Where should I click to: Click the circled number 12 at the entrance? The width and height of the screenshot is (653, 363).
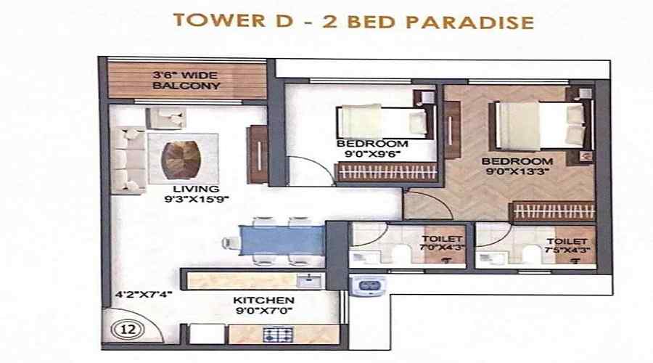[x=128, y=330]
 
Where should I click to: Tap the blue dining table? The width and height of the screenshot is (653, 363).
[x=282, y=240]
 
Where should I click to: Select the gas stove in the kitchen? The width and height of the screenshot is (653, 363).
[x=279, y=335]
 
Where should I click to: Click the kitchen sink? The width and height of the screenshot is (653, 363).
[x=309, y=280]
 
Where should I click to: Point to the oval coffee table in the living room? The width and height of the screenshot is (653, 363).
[x=181, y=160]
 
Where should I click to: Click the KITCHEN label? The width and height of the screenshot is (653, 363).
[x=263, y=300]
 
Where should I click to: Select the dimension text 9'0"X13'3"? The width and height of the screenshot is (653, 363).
[x=517, y=171]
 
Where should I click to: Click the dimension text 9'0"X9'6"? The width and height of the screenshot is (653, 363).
[x=372, y=154]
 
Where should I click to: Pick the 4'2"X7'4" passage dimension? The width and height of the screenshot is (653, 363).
[x=144, y=294]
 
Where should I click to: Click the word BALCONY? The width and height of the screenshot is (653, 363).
[x=186, y=86]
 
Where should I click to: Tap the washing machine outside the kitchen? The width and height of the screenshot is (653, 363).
[x=368, y=286]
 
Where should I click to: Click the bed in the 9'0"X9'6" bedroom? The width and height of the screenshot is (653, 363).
[x=382, y=122]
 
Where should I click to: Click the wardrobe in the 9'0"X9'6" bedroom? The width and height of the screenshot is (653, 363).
[x=387, y=172]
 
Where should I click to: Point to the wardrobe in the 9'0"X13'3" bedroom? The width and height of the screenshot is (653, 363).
[x=553, y=211]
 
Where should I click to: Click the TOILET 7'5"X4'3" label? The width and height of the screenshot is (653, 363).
[x=567, y=246]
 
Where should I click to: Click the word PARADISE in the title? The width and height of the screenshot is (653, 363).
[x=470, y=22]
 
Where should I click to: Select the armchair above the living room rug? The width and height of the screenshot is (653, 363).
[x=165, y=118]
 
